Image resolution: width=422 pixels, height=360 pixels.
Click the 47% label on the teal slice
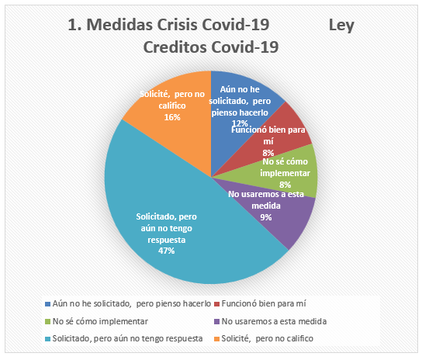166,251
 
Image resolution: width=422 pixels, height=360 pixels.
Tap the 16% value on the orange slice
172,117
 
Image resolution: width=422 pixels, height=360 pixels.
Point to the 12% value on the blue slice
240,123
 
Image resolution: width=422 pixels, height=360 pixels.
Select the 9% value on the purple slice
266,217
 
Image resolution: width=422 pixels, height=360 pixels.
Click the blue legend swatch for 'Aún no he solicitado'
48,304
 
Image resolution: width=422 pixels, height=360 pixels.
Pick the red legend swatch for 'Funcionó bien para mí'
217,304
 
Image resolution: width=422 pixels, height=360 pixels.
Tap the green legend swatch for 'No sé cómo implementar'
48,321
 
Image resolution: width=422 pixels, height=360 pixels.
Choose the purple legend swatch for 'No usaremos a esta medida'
217,321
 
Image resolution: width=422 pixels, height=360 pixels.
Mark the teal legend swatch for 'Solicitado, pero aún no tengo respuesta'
48,339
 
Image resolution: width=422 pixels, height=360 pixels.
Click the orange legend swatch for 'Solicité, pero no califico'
217,339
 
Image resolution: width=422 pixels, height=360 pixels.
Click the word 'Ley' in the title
341,26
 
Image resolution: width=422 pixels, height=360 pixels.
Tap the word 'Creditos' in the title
175,47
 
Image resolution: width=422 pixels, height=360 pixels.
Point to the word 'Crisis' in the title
178,25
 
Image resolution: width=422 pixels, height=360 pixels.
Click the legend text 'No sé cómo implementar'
100,321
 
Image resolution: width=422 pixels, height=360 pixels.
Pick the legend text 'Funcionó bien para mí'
264,303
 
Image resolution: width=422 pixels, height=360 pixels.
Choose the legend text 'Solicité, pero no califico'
268,339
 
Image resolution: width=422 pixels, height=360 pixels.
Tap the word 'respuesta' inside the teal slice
167,240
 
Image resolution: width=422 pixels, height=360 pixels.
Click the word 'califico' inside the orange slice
172,106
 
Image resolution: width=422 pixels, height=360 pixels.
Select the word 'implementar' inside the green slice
285,173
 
